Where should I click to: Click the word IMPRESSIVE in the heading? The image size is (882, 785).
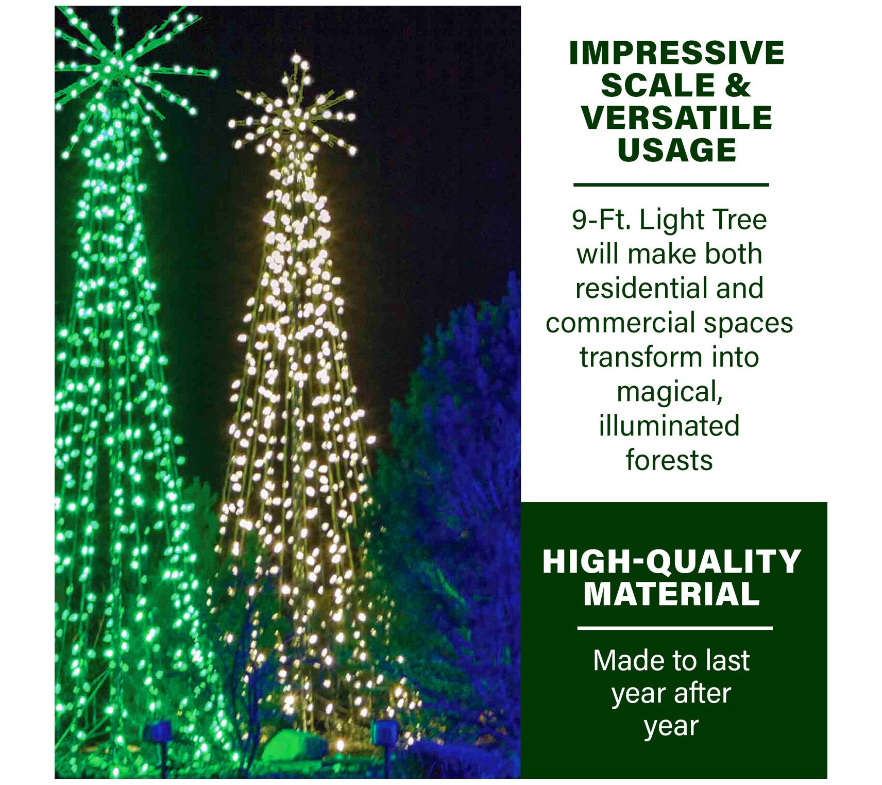pos(676,53)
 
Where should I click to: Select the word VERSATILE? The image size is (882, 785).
pos(676,118)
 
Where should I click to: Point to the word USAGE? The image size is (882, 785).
pos(676,150)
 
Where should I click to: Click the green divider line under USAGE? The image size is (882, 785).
pos(671,184)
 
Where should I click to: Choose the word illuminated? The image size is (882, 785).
pos(669,426)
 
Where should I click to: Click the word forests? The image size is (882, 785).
pos(669,460)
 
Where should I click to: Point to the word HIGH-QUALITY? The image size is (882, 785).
pos(672,561)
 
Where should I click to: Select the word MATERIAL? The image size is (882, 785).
pos(672,594)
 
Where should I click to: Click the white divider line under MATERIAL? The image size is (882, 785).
pos(675,628)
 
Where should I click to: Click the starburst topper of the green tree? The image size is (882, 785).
pos(124,67)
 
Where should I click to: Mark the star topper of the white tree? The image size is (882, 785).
pos(294,111)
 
